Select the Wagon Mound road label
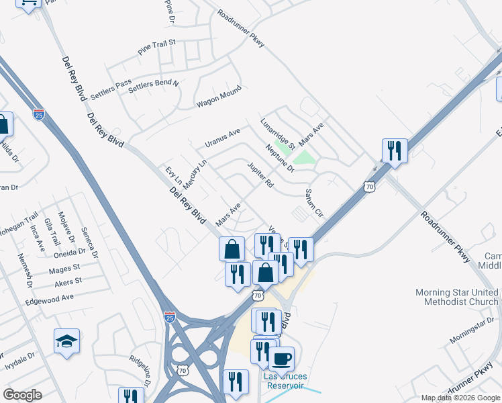point(219,98)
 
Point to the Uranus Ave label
point(223,139)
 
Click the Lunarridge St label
point(278,134)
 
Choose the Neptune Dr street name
point(280,159)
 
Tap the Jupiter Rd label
point(261,174)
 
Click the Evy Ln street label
point(173,176)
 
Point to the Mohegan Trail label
point(19,224)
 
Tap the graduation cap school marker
point(67,341)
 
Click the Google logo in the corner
point(22,395)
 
